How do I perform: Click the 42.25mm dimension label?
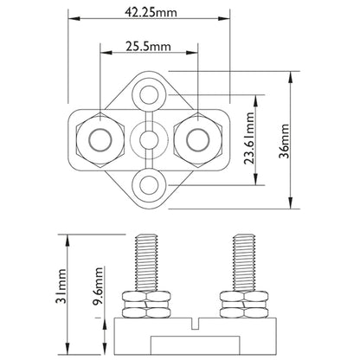151,13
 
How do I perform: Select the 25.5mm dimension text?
151,47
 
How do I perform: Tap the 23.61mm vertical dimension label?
248,137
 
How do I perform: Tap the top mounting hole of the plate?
151,93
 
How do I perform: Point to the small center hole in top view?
151,138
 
